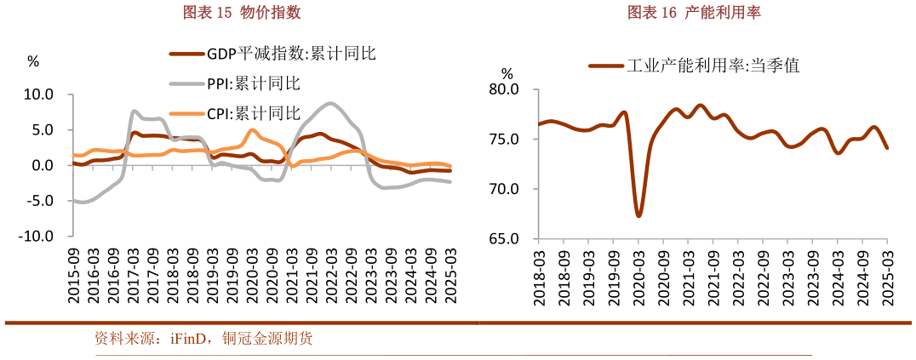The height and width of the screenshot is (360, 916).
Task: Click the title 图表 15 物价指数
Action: point(243,13)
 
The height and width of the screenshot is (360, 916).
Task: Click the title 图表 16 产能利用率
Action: point(694,13)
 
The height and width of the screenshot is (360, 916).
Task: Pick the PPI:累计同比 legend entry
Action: point(254,83)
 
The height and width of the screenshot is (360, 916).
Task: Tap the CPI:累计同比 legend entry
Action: point(254,113)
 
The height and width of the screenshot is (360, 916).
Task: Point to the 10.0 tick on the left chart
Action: point(38,94)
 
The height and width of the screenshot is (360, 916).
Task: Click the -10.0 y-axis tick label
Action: point(37,236)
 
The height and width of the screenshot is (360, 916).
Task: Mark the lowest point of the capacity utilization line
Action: point(638,216)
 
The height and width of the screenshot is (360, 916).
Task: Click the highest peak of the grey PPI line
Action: point(329,103)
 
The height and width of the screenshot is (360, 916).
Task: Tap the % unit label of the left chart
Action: point(33,61)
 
